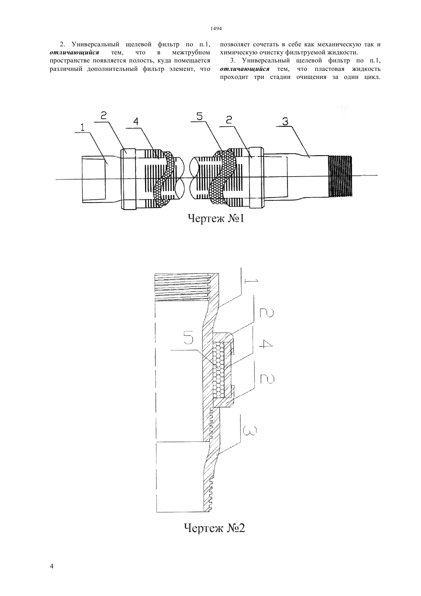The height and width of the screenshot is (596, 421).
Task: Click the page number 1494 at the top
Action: pyautogui.click(x=216, y=28)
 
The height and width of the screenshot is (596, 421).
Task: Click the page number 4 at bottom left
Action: pyautogui.click(x=52, y=566)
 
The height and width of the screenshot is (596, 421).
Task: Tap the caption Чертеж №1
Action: pyautogui.click(x=216, y=219)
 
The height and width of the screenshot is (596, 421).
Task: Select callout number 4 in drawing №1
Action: pyautogui.click(x=136, y=121)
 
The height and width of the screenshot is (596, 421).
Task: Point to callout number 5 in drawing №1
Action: pyautogui.click(x=199, y=116)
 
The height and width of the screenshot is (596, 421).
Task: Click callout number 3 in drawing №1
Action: pyautogui.click(x=285, y=121)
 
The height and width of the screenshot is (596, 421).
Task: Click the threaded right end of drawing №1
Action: pyautogui.click(x=341, y=176)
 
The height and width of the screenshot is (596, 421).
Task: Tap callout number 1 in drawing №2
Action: pyautogui.click(x=253, y=281)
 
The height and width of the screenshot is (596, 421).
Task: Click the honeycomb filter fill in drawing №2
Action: pyautogui.click(x=219, y=369)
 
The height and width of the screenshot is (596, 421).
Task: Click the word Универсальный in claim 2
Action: pyautogui.click(x=95, y=44)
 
